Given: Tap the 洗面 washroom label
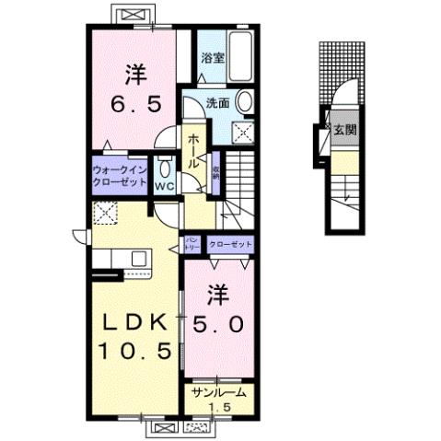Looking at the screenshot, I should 218,103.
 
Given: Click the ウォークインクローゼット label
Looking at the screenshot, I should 121,177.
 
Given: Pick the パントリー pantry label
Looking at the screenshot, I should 193,244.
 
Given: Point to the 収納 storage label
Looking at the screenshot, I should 216,173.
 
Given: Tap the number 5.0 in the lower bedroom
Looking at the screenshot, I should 219,324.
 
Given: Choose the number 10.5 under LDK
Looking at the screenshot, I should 133,351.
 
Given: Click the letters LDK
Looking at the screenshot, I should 134,323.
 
